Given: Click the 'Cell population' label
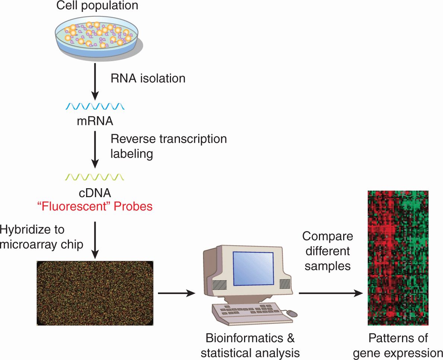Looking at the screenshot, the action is [97, 5].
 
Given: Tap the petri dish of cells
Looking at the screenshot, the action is [98, 38].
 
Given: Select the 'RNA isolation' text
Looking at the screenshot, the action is [148, 78].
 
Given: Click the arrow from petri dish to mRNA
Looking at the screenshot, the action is [95, 82].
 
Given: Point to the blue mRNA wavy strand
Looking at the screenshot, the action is [95, 107].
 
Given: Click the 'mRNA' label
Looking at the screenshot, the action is [95, 121].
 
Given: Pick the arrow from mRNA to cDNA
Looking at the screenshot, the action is [95, 149].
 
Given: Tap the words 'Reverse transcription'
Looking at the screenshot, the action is [169, 139].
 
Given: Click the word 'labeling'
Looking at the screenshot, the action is [132, 154].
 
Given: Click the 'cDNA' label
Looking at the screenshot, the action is [95, 193].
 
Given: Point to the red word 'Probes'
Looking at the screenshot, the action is [133, 206].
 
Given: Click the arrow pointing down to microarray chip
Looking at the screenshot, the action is [95, 240].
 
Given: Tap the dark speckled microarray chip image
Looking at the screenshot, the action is [95, 293].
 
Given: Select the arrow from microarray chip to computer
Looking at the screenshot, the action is [177, 293].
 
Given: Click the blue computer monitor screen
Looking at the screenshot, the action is [253, 268].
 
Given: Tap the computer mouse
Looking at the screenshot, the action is [292, 313].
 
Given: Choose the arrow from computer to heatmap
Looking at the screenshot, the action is [331, 293].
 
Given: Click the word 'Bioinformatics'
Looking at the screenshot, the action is [244, 338].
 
